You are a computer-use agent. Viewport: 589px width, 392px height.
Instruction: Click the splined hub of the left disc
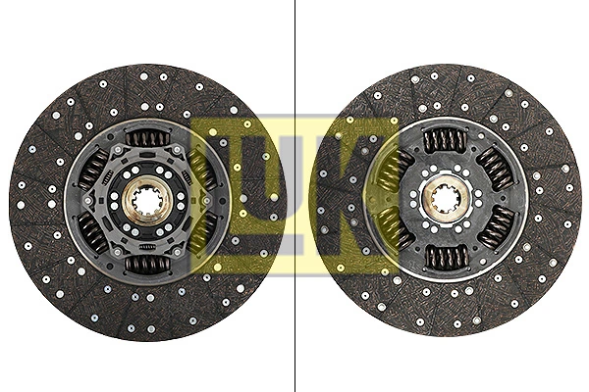pos(148,201)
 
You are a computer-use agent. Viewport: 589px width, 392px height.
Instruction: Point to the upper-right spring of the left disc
pos(203,170)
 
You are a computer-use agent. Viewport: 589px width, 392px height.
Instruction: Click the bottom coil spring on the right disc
pos(446,258)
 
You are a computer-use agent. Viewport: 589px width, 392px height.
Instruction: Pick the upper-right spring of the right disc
pos(495,169)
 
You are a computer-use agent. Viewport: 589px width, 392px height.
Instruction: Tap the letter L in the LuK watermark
pos(221,196)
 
